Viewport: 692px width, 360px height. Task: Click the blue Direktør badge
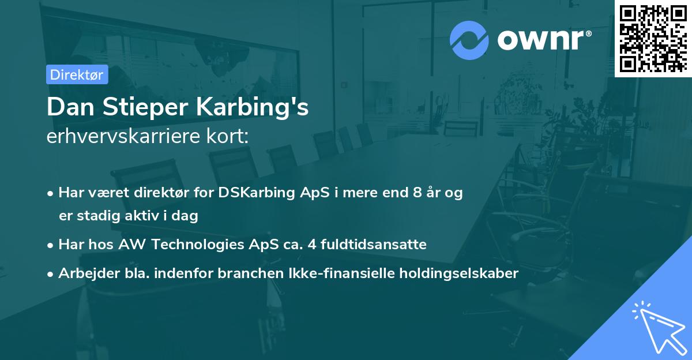[x=77, y=74]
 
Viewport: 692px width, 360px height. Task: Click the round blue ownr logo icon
[x=469, y=40]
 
